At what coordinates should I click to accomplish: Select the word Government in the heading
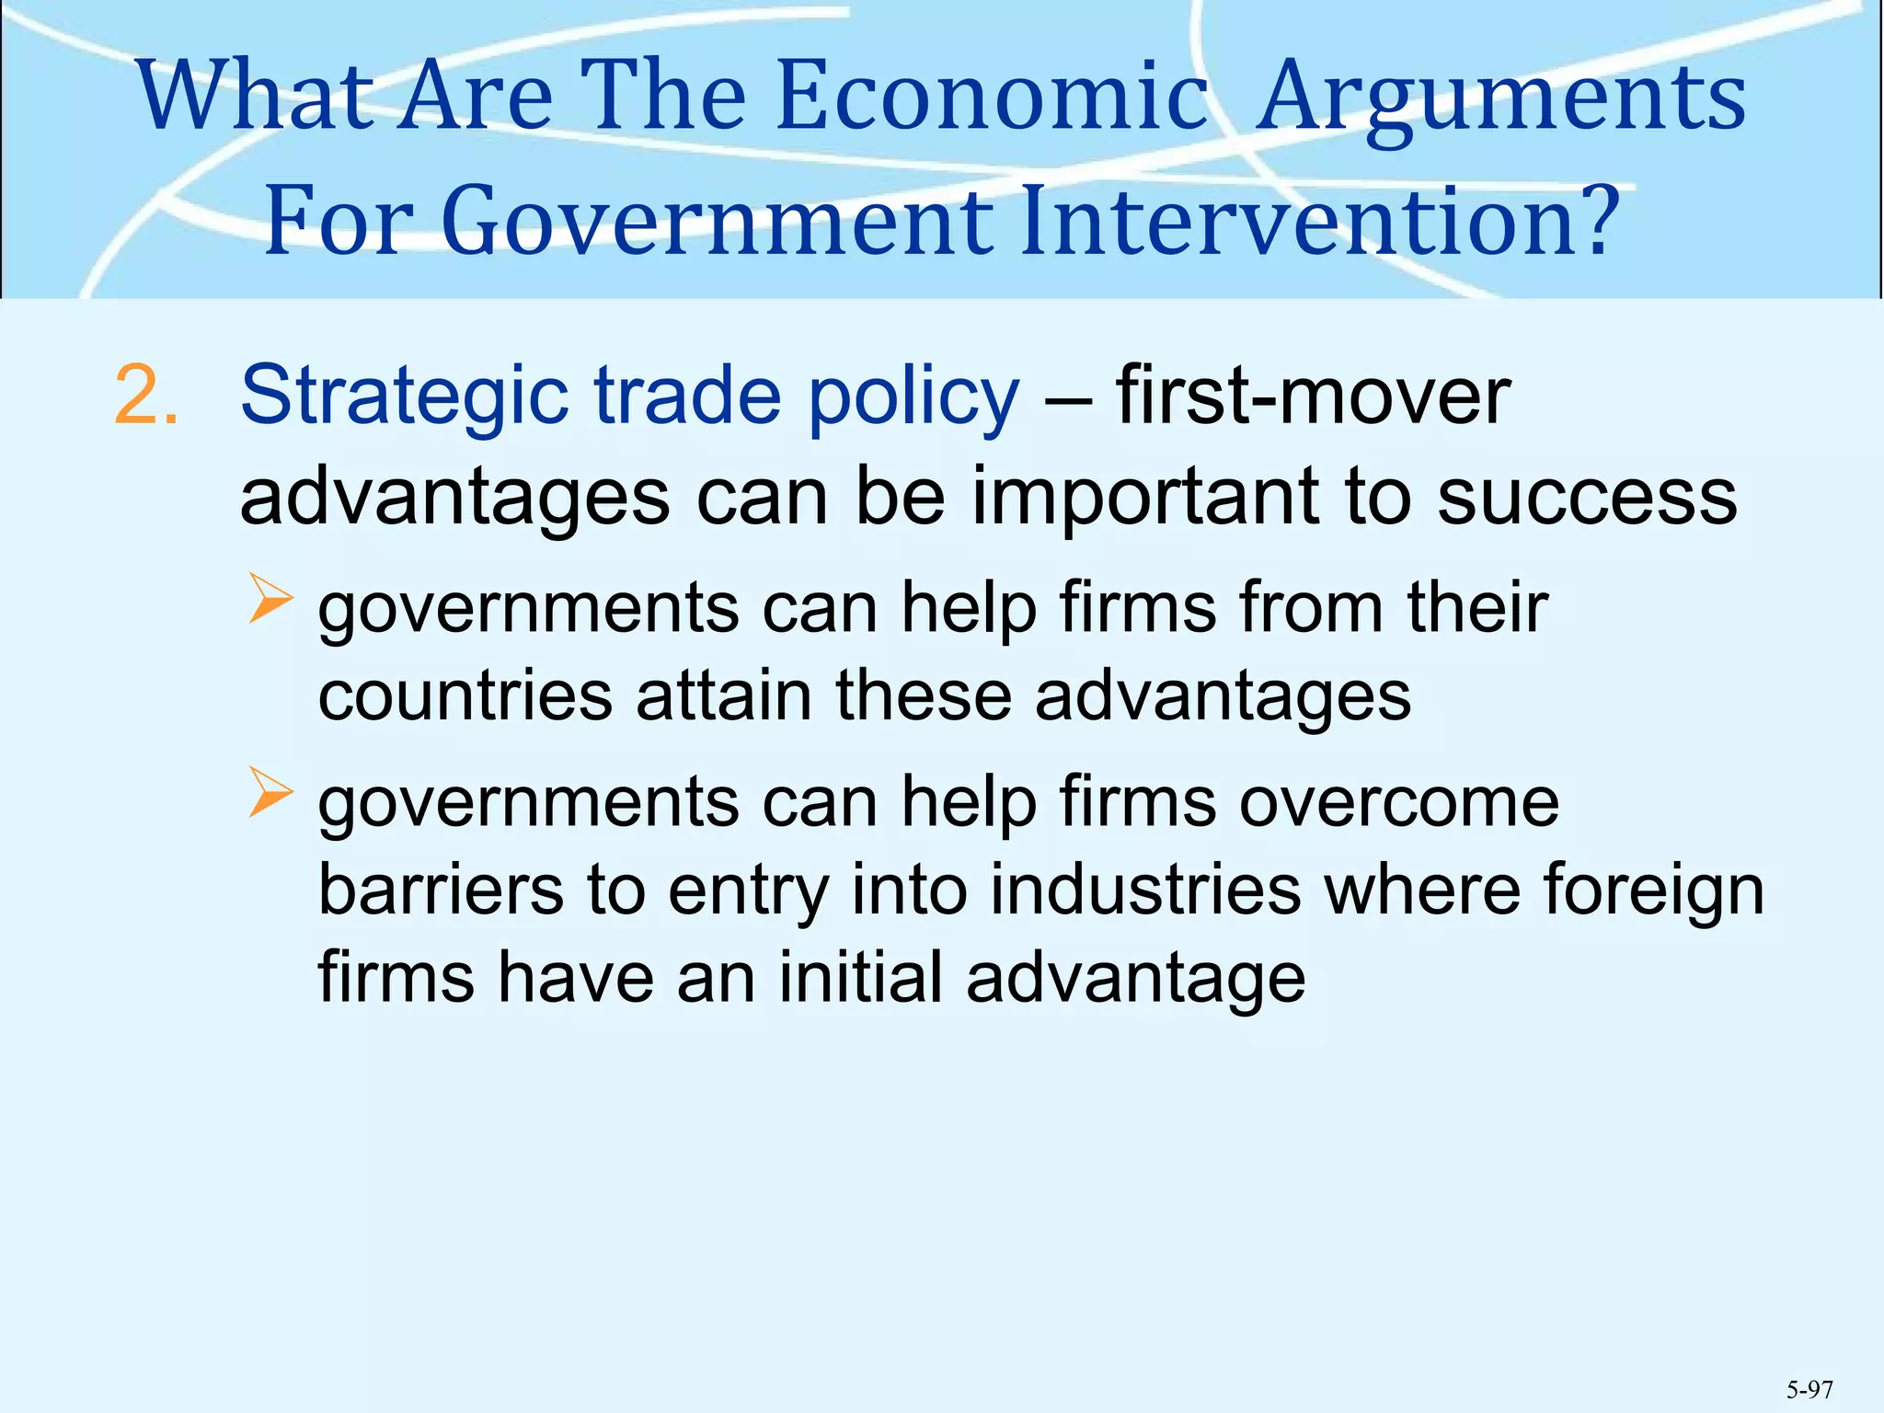coord(718,222)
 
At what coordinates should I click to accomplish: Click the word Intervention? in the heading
coord(1319,222)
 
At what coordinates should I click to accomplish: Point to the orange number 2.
coord(145,396)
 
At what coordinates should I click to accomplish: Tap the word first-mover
coord(1313,396)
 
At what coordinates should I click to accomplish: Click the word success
coord(1587,497)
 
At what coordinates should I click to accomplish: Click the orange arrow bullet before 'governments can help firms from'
coord(270,599)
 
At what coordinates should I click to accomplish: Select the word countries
coord(465,695)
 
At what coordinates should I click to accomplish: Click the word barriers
coord(441,890)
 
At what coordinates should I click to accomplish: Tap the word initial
coord(861,977)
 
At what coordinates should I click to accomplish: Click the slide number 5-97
coord(1809,1389)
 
